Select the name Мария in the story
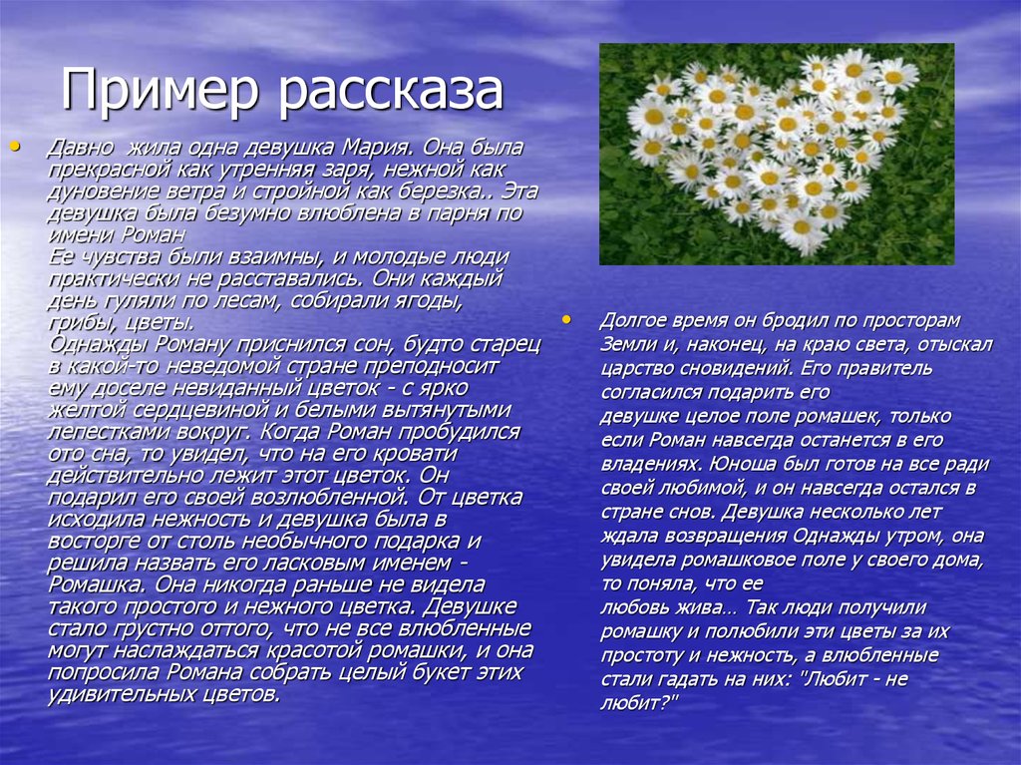[x=380, y=148]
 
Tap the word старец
[x=506, y=345]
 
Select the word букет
[x=440, y=672]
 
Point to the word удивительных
[x=116, y=694]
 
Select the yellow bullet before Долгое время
[x=566, y=320]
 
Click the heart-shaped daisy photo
[x=777, y=155]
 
